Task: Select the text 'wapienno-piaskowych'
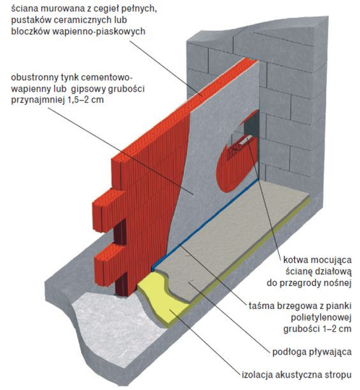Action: pyautogui.click(x=103, y=31)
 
